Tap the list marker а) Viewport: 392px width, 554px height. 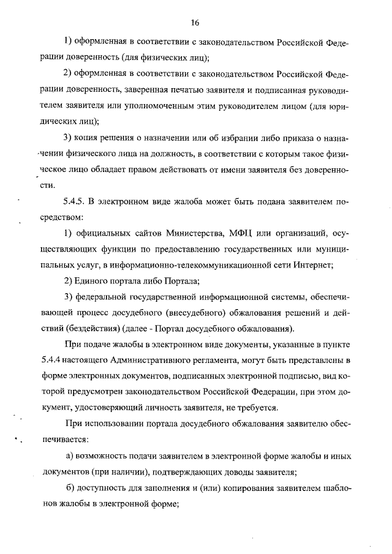click(x=70, y=456)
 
